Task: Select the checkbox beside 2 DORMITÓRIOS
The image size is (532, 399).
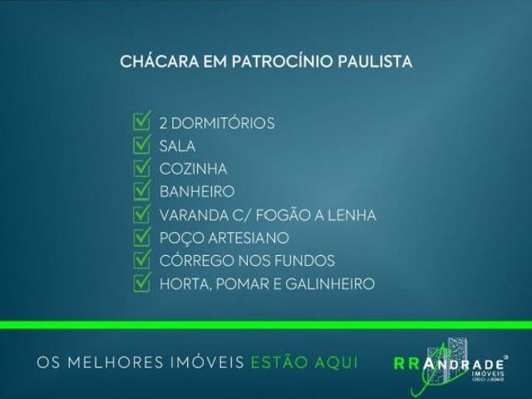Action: click(141, 122)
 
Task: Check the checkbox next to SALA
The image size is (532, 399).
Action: click(141, 145)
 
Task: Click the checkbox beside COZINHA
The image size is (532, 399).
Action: click(141, 169)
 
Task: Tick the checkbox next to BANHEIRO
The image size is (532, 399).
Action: click(141, 191)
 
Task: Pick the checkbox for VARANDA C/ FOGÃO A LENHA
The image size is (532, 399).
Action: click(141, 214)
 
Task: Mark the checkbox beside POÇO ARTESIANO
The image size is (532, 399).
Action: click(141, 238)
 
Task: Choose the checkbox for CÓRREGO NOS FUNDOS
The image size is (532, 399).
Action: click(141, 260)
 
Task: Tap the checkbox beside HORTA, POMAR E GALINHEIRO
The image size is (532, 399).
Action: click(141, 283)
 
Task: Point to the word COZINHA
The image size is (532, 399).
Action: click(192, 170)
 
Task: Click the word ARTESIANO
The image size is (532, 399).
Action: click(245, 239)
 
